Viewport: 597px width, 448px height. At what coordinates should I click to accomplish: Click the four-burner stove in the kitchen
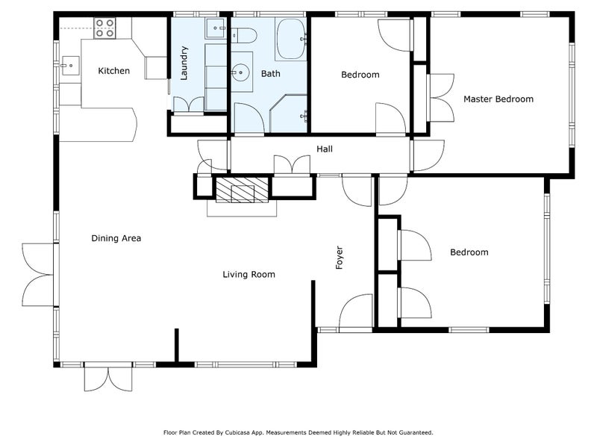click(104, 28)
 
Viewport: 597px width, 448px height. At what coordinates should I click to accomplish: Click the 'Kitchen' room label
click(114, 72)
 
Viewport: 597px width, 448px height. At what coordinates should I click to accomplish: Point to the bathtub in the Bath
click(290, 39)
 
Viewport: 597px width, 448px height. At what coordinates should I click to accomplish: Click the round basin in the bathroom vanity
click(241, 72)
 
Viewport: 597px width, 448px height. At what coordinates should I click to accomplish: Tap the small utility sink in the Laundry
click(216, 28)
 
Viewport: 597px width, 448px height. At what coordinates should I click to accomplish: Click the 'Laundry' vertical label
click(184, 63)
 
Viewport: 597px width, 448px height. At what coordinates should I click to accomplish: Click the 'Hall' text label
click(325, 149)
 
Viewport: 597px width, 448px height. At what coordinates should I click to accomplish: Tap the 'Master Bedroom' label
click(498, 99)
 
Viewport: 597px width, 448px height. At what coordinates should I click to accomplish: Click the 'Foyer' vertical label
click(340, 258)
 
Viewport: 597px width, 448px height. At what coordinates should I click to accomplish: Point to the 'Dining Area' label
click(116, 239)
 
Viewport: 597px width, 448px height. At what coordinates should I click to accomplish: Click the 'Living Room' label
click(249, 275)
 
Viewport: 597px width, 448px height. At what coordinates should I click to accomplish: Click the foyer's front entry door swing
click(356, 311)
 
